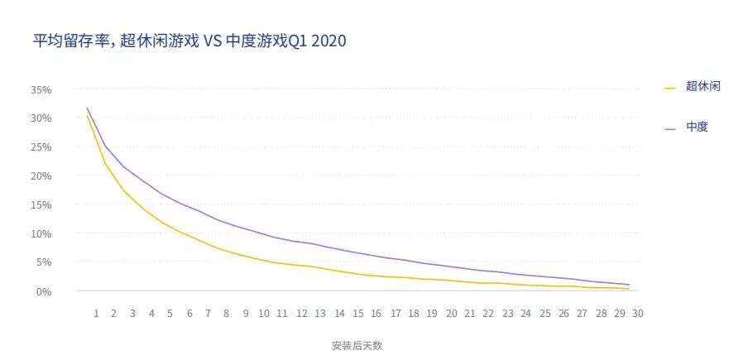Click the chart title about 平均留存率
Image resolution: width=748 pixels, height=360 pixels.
[189, 41]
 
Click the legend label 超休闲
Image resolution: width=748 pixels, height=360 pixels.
[702, 86]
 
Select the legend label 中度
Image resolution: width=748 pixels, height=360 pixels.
[697, 127]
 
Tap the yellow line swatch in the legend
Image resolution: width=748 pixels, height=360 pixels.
[670, 87]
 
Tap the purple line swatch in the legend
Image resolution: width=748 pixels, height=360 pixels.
[670, 128]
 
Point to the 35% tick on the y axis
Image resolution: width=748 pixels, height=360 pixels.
[41, 89]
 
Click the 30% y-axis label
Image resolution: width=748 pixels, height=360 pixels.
[41, 118]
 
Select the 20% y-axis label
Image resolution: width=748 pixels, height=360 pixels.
[41, 176]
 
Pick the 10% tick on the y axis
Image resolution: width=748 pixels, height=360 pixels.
[41, 234]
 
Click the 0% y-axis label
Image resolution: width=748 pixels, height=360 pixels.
[44, 291]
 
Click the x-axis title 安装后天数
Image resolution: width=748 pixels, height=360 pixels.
[357, 345]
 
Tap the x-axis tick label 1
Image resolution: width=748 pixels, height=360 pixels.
[96, 314]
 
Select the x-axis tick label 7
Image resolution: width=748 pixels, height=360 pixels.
[209, 314]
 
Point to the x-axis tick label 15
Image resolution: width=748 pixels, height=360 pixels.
[358, 314]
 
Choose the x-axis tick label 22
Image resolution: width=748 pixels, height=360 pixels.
[488, 314]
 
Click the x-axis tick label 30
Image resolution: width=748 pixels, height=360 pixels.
[638, 314]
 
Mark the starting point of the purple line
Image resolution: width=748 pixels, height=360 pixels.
[87, 108]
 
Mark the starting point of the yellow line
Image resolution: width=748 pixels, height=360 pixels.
[87, 116]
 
